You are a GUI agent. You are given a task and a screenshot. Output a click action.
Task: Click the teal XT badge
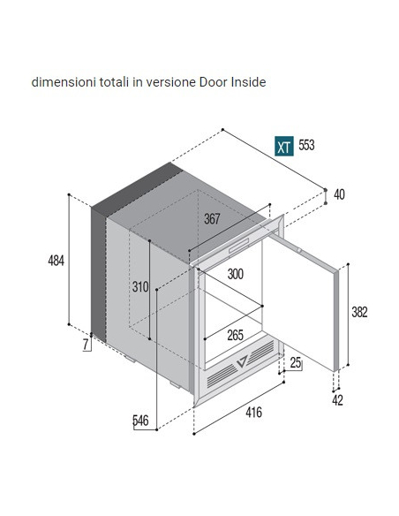click(284, 146)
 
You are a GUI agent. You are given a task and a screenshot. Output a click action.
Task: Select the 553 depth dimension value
click(306, 145)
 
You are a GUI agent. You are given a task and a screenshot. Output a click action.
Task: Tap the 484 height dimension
click(56, 261)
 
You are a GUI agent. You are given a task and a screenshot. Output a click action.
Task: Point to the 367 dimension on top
click(212, 219)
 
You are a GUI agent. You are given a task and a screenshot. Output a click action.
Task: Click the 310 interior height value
click(140, 287)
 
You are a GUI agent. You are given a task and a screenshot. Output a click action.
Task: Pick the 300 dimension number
click(236, 274)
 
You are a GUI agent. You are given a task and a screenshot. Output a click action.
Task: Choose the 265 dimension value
click(236, 336)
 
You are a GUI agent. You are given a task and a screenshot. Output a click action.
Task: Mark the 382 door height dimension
click(359, 312)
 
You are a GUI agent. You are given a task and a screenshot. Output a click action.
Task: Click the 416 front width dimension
click(253, 412)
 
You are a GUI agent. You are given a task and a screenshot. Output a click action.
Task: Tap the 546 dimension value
click(140, 421)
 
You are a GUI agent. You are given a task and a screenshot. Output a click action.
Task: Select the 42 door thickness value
click(337, 400)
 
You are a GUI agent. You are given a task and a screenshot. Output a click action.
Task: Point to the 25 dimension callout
click(296, 362)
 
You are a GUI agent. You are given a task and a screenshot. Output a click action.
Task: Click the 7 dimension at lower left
click(86, 345)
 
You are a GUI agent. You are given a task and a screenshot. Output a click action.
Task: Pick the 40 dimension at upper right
click(339, 194)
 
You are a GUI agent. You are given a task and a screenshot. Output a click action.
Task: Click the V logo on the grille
click(242, 361)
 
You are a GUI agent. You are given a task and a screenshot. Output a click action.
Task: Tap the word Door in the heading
click(214, 82)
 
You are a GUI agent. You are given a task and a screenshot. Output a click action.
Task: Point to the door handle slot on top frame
click(239, 246)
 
